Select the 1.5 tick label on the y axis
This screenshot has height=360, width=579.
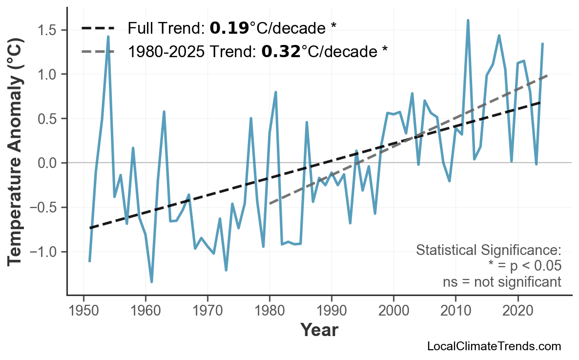pos(48,30)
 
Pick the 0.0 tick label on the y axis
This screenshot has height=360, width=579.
pos(48,163)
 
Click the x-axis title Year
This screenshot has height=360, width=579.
pos(319,330)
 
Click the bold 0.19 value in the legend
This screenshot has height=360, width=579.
pos(229,28)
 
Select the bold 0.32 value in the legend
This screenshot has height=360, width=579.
pos(281,51)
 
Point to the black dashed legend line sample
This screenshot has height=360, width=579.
pos(98,28)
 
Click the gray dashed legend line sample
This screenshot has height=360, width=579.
pos(98,51)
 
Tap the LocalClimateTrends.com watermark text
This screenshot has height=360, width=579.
pos(494,346)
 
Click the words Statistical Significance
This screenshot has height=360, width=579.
pos(488,251)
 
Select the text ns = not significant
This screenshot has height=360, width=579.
pos(501,282)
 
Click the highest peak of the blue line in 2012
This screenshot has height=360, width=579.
pos(468,21)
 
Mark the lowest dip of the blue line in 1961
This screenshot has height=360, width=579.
pos(152,282)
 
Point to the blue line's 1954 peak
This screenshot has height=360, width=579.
pos(108,37)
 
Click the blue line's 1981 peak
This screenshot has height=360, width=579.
pos(276,92)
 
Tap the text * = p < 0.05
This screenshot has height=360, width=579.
pos(524,266)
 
